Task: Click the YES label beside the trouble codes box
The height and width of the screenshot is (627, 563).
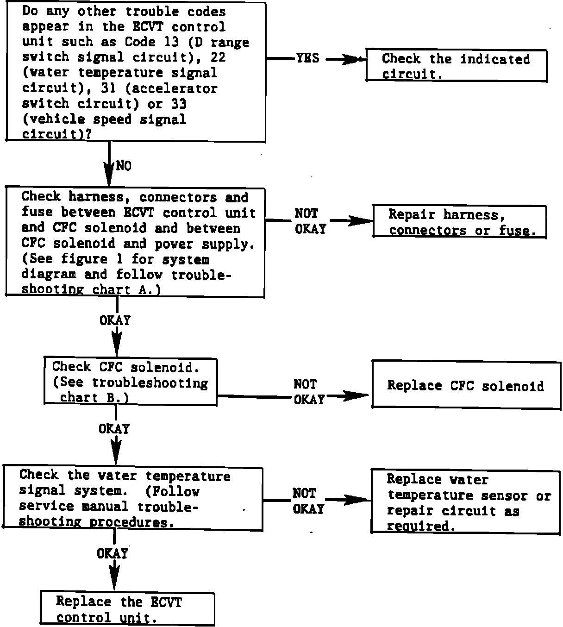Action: pos(307,58)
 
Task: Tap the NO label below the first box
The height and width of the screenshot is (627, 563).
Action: pos(124,166)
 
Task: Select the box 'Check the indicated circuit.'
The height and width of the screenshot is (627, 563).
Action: pos(457,65)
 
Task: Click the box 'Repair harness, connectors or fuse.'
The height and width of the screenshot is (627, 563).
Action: pos(460,222)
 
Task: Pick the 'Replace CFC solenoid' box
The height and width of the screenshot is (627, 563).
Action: pos(466,385)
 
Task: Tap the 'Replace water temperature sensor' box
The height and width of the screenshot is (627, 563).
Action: pos(465,502)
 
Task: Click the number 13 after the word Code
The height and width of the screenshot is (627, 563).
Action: pos(171,42)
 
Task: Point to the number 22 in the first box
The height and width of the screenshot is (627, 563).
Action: pos(218,57)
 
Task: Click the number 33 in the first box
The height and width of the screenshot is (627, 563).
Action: pos(179,104)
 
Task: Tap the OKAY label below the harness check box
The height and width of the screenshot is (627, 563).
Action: pos(115,320)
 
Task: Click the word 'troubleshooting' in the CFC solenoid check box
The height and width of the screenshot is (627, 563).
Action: pos(150,383)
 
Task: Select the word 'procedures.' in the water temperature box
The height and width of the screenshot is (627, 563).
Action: pos(132,522)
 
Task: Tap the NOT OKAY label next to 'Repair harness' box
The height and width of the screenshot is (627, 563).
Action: pos(311,221)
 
